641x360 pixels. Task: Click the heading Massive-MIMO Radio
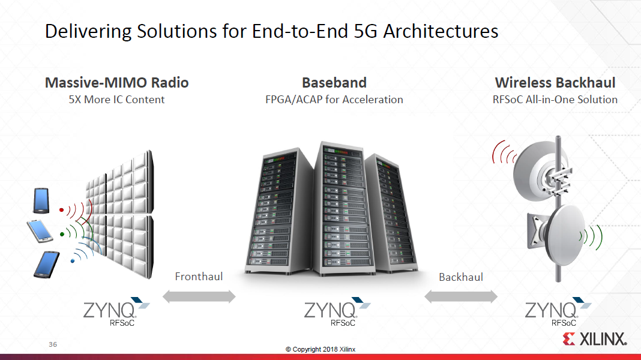(x=117, y=83)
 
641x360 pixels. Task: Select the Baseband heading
(x=334, y=83)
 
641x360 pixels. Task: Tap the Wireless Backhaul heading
(x=555, y=83)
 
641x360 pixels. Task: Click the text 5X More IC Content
(x=117, y=100)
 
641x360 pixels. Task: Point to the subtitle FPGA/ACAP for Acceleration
(x=334, y=100)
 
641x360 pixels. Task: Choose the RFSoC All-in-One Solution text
(x=555, y=100)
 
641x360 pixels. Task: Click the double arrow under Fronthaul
(x=199, y=296)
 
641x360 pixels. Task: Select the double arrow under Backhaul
(x=461, y=296)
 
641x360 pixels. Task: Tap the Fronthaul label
(x=199, y=277)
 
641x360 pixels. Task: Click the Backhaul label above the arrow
(x=461, y=277)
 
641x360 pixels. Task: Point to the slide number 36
(x=53, y=345)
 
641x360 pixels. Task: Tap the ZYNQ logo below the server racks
(x=336, y=312)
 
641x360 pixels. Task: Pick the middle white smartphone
(x=40, y=230)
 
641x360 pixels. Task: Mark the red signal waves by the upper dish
(x=501, y=153)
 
